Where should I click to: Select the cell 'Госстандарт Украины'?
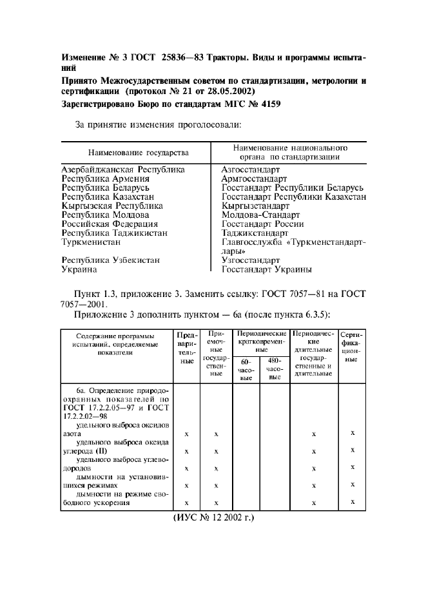point(267,269)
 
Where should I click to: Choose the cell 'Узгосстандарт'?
point(253,260)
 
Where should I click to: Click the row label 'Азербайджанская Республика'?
point(123,169)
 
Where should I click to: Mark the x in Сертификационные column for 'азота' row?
point(353,433)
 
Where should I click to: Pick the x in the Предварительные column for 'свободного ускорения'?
point(186,503)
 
